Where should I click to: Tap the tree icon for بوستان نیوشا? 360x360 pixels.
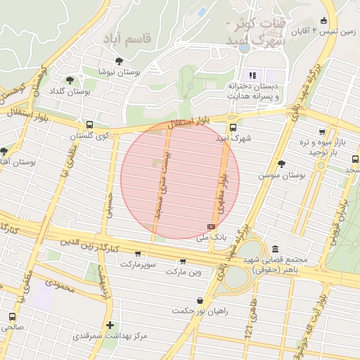pos(119,61)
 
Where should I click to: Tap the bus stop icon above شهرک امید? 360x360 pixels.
pos(233,127)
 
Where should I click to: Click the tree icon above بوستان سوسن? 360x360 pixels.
pos(282,163)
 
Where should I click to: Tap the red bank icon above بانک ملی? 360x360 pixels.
pos(212,226)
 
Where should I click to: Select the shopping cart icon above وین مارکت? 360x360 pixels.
pos(183,261)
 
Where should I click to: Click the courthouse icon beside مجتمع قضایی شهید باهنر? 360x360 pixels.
pos(274,249)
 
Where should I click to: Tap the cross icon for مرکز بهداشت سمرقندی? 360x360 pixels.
pos(109,325)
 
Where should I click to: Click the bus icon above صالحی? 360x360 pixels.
pos(12,316)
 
